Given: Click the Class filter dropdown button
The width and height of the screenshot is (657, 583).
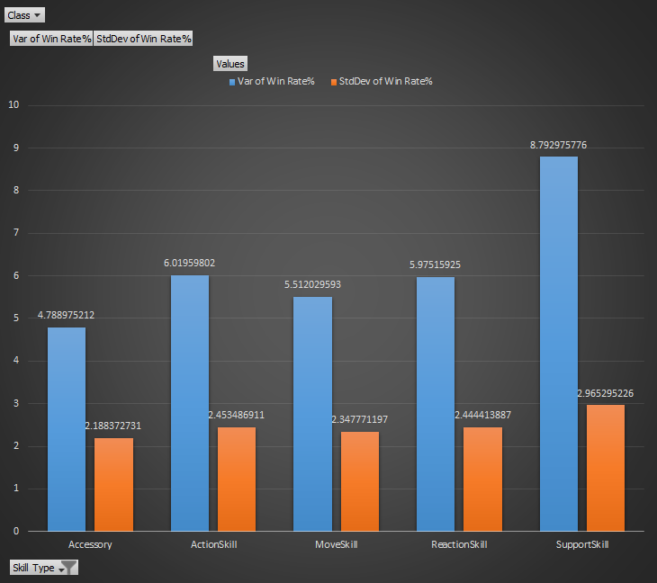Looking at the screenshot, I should (x=24, y=15).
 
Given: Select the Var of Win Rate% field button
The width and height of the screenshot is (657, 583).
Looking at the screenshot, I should (x=51, y=39).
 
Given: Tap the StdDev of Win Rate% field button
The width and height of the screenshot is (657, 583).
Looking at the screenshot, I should (x=143, y=39).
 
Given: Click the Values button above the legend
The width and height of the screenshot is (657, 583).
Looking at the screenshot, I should (x=229, y=63).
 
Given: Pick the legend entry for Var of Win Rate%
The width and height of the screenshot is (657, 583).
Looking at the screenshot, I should (x=271, y=81).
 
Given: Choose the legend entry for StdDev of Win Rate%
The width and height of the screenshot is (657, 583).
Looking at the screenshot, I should (x=382, y=81).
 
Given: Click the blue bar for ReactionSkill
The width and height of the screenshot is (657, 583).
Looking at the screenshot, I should (x=436, y=404).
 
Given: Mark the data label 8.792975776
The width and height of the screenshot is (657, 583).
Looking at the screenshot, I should (x=559, y=145).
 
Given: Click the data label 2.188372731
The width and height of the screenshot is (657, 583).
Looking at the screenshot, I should (x=113, y=426).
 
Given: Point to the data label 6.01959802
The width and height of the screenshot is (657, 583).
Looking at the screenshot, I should (x=190, y=263).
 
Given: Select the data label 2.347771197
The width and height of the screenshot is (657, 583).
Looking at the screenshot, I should (x=359, y=419).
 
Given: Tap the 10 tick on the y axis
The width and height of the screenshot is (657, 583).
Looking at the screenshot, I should (x=13, y=105).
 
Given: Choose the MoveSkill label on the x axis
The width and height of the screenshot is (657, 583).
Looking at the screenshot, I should (x=337, y=544).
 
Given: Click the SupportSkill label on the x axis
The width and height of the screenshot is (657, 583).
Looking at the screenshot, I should (x=582, y=544).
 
